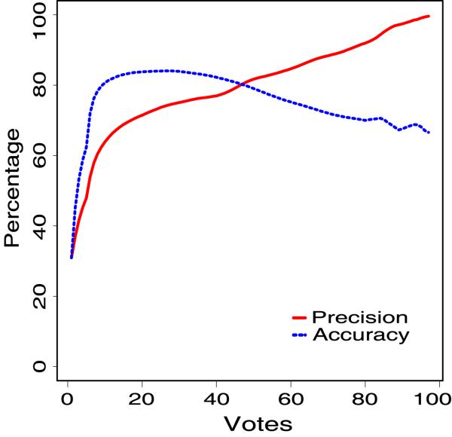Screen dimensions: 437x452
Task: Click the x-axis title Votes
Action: click(x=252, y=423)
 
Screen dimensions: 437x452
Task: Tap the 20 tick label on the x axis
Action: click(x=142, y=397)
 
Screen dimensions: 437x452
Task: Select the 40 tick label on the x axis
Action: click(x=215, y=397)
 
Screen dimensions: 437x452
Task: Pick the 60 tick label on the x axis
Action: click(x=290, y=397)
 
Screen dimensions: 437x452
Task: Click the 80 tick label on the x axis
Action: click(x=364, y=397)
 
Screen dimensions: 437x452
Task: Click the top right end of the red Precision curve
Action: click(x=428, y=16)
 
